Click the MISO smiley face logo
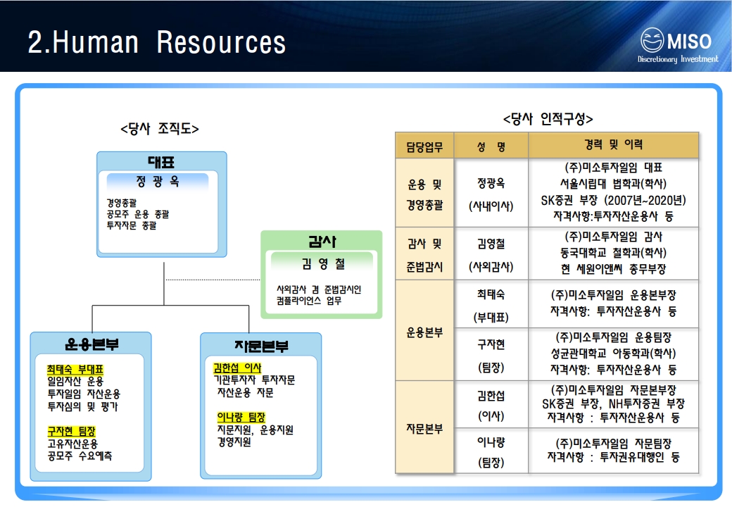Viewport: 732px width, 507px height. click(652, 40)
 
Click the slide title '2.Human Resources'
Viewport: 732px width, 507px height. click(156, 42)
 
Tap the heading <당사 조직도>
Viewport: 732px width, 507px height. click(159, 129)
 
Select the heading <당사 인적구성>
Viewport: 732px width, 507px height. click(548, 118)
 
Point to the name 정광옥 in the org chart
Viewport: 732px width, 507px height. click(158, 182)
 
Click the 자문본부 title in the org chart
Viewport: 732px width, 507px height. click(260, 346)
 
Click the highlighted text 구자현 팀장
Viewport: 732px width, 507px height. click(71, 431)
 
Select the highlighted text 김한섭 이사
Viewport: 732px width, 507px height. click(237, 368)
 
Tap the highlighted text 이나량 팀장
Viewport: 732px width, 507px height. click(241, 417)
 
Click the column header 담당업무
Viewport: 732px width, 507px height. click(424, 146)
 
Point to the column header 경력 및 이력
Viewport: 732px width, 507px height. click(613, 144)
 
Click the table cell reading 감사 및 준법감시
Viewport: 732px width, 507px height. click(425, 254)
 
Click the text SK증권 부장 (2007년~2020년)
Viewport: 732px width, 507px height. click(613, 200)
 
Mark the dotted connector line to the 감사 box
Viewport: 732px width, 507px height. click(213, 280)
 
